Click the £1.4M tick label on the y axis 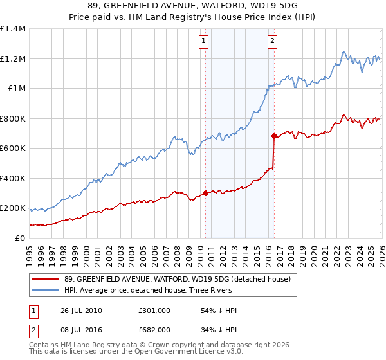(13, 29)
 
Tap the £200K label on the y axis (13, 208)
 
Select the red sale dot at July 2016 (273, 136)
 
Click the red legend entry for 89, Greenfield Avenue (178, 279)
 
